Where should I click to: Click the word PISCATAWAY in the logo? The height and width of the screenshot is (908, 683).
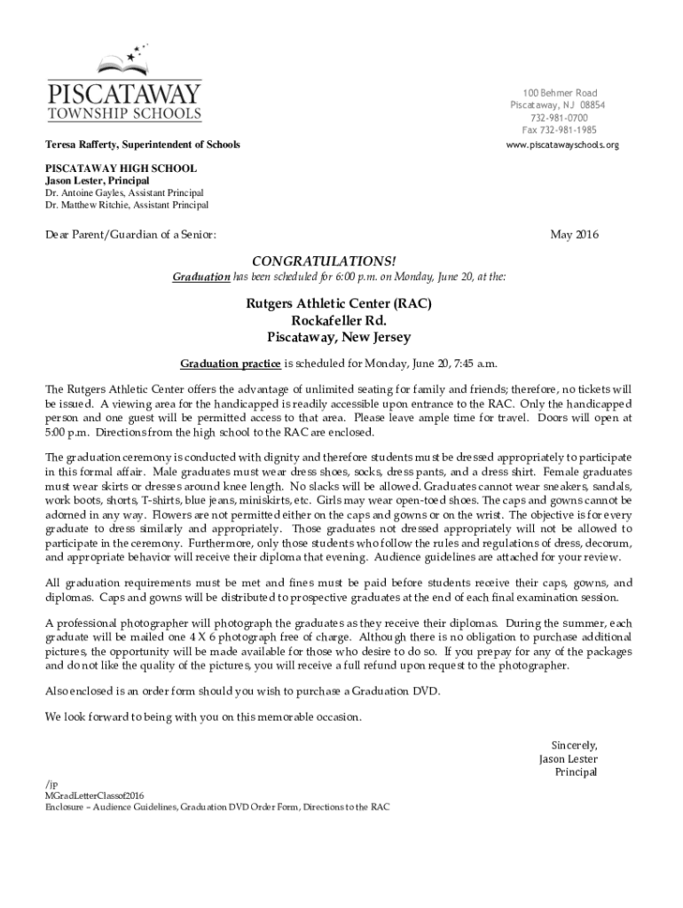coord(124,93)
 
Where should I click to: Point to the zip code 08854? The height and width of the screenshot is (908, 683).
coord(588,106)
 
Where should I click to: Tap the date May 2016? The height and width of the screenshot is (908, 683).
coord(575,235)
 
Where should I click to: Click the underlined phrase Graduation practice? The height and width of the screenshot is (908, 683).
coord(231,364)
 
